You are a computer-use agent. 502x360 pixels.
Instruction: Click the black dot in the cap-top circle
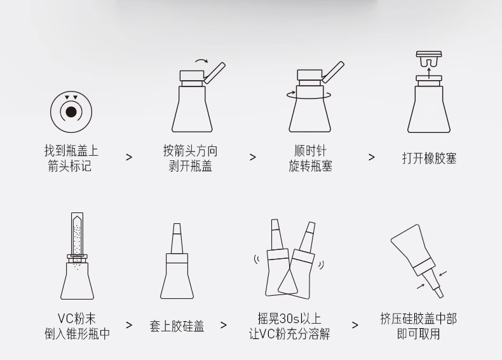coord(71,112)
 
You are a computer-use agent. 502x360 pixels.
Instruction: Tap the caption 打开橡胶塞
coord(429,158)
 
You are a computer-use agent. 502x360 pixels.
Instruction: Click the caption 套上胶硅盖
coord(177,326)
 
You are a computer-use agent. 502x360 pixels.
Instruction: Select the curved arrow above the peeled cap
coord(201,60)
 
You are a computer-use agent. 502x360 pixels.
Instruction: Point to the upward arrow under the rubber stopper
coord(429,72)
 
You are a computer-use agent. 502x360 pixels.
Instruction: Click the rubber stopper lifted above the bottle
coord(429,59)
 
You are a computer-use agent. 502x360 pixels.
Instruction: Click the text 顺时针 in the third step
coord(310,151)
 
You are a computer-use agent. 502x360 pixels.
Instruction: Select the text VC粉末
coord(77,319)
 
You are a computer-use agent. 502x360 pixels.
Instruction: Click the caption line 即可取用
coord(419,334)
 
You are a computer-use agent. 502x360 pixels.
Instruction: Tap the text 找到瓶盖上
coord(71,151)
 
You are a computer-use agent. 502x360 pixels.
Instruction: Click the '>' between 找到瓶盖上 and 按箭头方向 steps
coord(129,157)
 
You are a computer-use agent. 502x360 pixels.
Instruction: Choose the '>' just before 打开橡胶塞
coord(371,157)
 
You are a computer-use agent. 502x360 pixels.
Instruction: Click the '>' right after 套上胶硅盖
coord(224,325)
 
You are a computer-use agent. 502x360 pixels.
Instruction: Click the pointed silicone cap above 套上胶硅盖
coord(177,239)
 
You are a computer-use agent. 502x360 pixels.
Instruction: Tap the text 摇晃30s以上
coord(289,319)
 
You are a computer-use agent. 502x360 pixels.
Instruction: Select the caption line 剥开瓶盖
coord(191,166)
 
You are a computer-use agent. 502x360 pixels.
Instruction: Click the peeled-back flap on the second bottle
coord(215,73)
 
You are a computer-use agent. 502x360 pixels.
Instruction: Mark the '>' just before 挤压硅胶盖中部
coord(355,325)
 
